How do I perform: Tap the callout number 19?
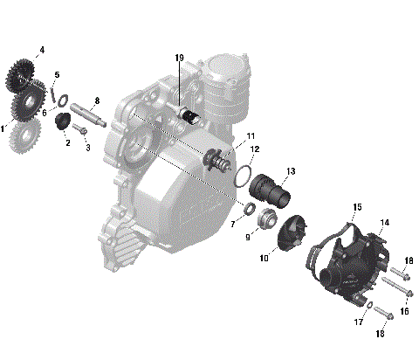point(179,59)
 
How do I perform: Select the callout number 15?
point(333,207)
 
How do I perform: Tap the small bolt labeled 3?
point(79,130)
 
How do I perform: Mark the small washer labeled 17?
point(371,305)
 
